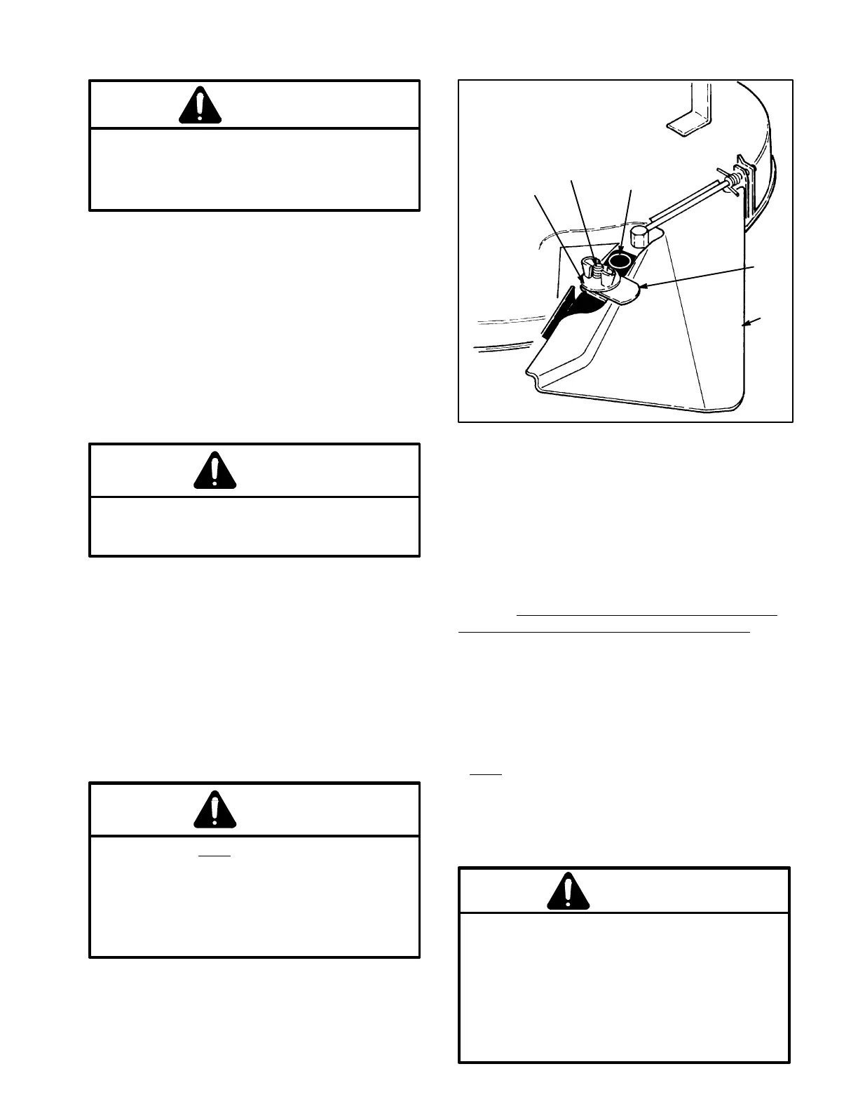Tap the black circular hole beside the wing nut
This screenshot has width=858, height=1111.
coord(620,262)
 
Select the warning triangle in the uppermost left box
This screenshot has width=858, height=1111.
coord(200,106)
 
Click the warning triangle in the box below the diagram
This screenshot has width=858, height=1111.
coord(568,891)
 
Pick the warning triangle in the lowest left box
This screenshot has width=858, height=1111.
coord(215,809)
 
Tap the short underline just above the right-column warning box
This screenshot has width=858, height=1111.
coord(486,774)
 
